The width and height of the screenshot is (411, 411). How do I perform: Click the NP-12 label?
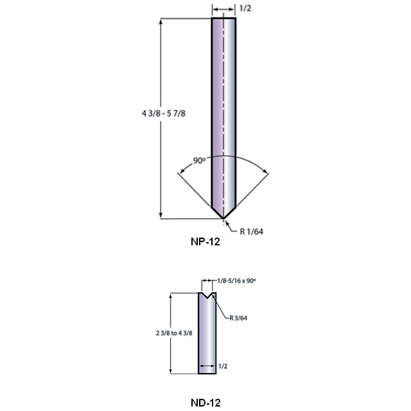(205, 241)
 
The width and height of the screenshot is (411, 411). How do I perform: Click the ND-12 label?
(205, 403)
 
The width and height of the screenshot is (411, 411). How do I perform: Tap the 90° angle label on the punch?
(199, 160)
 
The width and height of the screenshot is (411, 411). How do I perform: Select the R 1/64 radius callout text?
(251, 231)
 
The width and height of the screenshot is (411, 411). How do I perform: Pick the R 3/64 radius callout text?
(238, 318)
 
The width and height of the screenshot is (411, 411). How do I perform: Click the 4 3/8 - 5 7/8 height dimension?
(164, 114)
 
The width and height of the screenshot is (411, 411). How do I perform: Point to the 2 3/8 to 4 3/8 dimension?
(174, 333)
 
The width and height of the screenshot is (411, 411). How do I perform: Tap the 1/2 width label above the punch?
(245, 8)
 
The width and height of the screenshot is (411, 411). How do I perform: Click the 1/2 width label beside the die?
(223, 366)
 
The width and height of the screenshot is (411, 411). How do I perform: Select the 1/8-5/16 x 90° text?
(236, 281)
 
